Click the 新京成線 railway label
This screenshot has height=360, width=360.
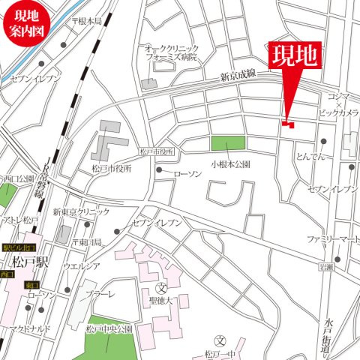coord(238,75)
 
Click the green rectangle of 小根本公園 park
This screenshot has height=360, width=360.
coord(227,143)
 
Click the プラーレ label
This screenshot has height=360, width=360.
coord(100,294)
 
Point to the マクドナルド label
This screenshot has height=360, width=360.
coord(29,328)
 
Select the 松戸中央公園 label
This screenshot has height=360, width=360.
coord(108,328)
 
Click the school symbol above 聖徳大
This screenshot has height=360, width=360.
coord(160,288)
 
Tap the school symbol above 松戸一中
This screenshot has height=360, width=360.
coord(220,340)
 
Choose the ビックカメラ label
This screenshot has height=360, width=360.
coord(337,112)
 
